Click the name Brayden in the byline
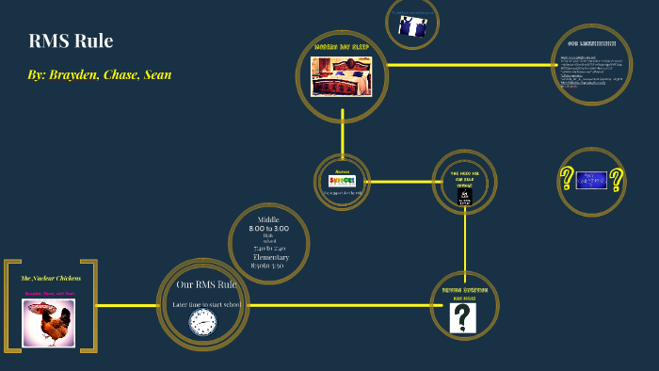tap(72, 74)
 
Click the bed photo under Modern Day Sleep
tap(342, 76)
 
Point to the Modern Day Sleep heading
tap(342, 45)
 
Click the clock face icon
tap(202, 322)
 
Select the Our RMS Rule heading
tap(206, 284)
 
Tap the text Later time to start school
tap(206, 304)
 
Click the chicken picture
tap(50, 322)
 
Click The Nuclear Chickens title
tap(51, 278)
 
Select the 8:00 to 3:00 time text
tap(268, 229)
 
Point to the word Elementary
tap(271, 257)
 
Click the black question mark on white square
tap(463, 317)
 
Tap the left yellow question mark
tap(567, 179)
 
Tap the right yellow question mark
tap(617, 179)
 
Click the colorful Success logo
tap(342, 180)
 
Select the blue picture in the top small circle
tap(412, 26)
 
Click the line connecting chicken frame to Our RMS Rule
tap(127, 306)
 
